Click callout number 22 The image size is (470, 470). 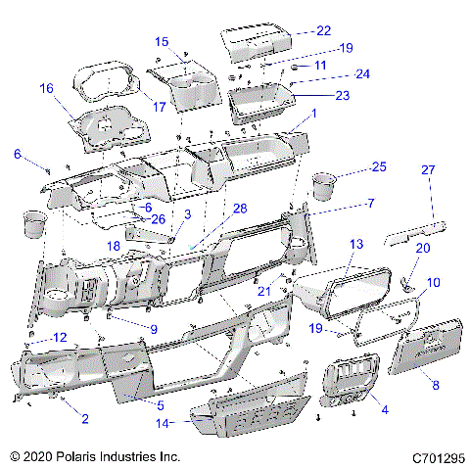pos(323,30)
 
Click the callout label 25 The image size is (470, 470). pos(378,167)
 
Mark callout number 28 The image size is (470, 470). pos(239,209)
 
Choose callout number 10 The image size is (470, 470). pos(434,282)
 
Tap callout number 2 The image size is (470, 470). pos(84,419)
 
